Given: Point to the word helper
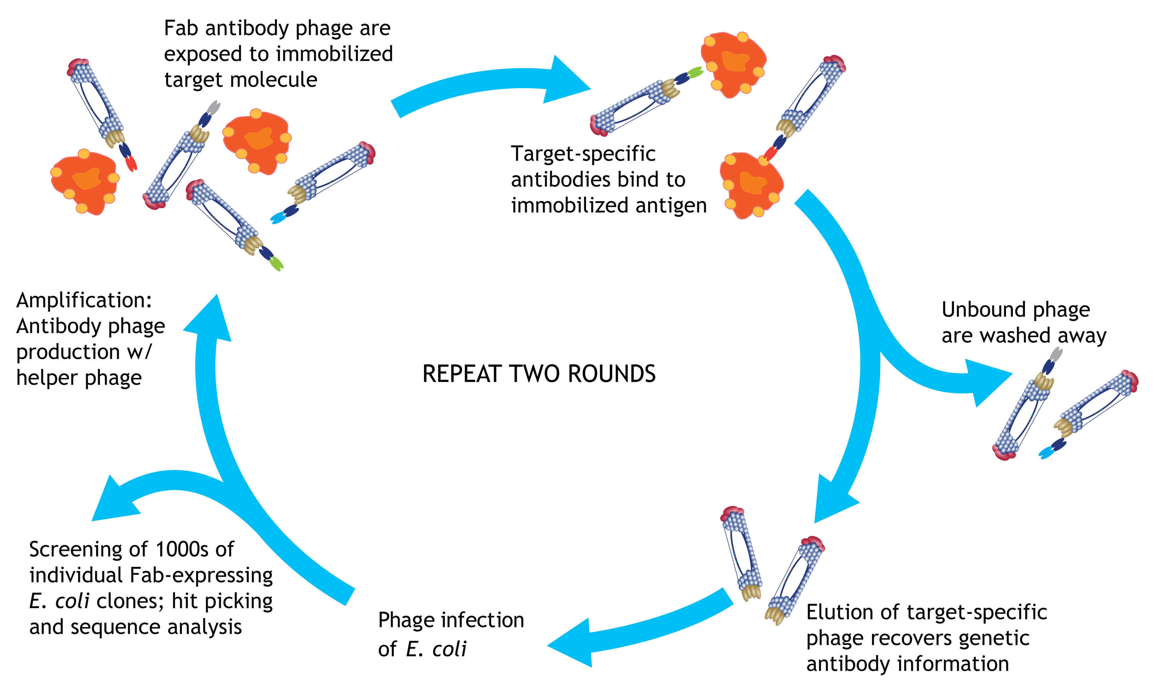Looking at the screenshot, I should pos(47,378).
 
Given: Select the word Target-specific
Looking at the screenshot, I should pos(583,154).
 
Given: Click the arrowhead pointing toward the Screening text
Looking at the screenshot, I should pos(113,502).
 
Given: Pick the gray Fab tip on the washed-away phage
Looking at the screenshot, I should pos(1056,354).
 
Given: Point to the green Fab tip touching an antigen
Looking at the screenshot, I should pos(695,72).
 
